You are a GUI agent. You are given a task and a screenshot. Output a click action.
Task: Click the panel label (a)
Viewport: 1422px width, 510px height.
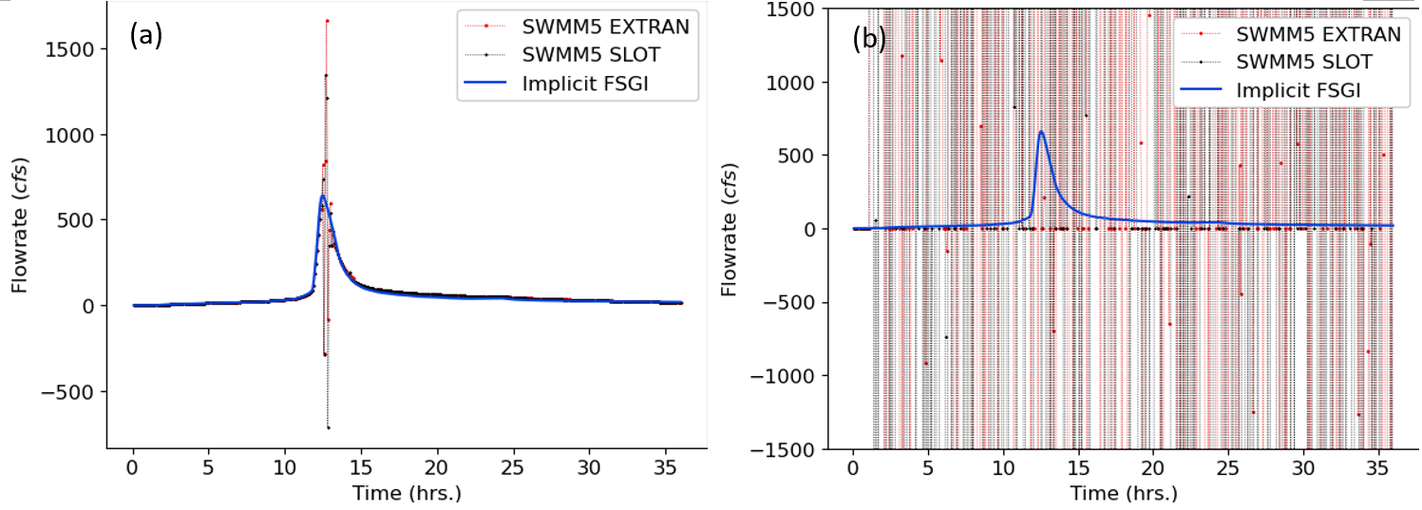click(x=147, y=35)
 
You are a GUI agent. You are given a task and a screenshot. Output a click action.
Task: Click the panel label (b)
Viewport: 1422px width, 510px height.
click(x=869, y=38)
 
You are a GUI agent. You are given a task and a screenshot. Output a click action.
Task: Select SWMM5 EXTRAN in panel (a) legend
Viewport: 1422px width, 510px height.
click(x=605, y=27)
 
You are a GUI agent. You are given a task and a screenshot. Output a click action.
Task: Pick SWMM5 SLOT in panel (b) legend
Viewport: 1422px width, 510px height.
click(x=1303, y=63)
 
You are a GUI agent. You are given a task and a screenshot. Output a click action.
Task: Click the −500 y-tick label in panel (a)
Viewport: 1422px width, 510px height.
click(x=72, y=391)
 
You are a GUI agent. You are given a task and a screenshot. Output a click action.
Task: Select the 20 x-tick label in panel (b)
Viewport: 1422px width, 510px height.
click(x=1153, y=470)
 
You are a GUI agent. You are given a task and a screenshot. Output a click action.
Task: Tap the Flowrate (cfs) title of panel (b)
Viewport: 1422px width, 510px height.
click(x=729, y=229)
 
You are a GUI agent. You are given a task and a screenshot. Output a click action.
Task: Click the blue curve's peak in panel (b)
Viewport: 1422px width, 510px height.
click(x=1041, y=132)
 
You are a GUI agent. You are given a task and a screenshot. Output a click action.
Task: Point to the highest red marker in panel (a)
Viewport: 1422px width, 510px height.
click(x=327, y=20)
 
